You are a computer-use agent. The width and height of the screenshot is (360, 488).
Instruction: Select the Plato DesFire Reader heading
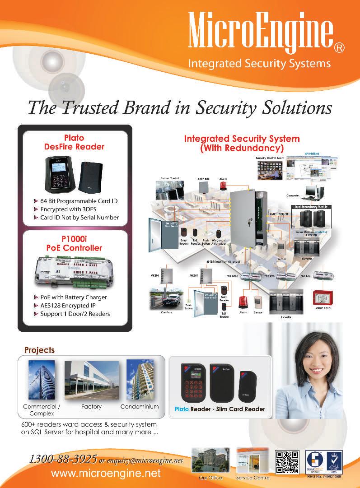coord(74,142)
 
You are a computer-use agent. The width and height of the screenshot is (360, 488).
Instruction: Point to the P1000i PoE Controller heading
coord(74,244)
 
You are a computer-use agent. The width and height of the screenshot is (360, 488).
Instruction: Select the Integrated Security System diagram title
coord(241,143)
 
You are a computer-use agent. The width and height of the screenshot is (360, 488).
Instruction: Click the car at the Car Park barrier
coord(168,300)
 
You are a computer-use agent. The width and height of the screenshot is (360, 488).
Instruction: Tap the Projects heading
coord(39,350)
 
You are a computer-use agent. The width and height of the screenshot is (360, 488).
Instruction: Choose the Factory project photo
coord(91,380)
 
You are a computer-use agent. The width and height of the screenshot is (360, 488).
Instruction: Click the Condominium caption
coord(140,407)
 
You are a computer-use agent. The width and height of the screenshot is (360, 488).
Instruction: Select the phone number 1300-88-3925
coord(63,459)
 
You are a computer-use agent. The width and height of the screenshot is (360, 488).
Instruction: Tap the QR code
coord(287,462)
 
